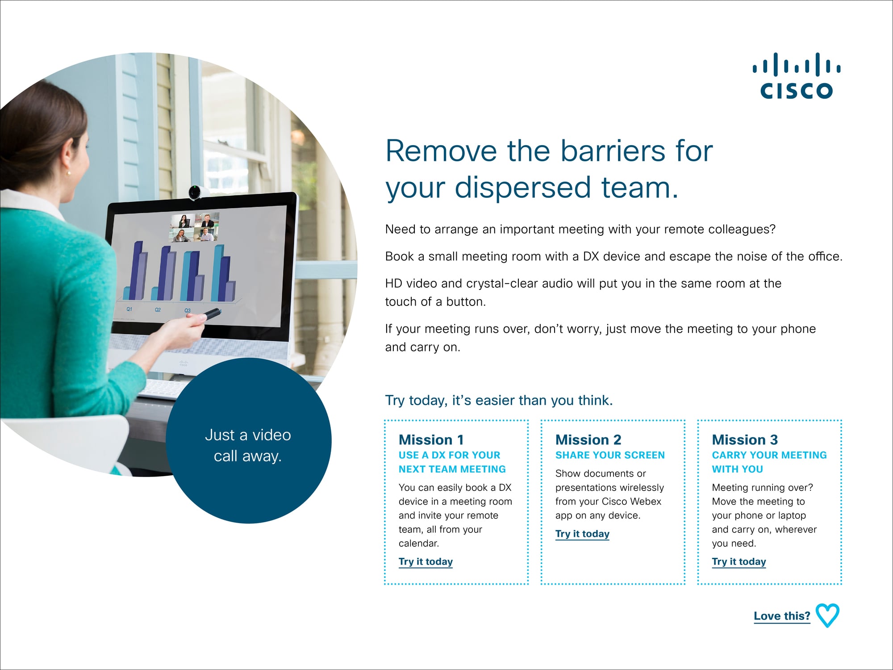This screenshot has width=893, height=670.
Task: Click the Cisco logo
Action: point(797,75)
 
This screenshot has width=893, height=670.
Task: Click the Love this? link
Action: point(782,616)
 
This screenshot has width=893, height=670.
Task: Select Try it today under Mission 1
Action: point(426,561)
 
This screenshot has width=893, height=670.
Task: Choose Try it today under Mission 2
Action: point(582,534)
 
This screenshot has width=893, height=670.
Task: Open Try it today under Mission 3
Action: point(739,561)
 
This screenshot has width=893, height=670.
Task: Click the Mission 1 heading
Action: point(431,440)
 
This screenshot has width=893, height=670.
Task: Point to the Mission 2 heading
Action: point(588,440)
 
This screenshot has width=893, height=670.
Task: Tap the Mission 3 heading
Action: point(745,440)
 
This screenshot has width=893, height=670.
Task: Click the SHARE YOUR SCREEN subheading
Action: point(610,455)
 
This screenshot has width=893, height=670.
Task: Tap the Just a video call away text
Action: point(248,445)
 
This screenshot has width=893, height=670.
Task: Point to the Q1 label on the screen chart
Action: point(129,309)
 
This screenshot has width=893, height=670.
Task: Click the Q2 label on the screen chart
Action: point(158,310)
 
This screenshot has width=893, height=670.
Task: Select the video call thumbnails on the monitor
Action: point(194,227)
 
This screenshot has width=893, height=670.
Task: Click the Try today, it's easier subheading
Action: point(499,400)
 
